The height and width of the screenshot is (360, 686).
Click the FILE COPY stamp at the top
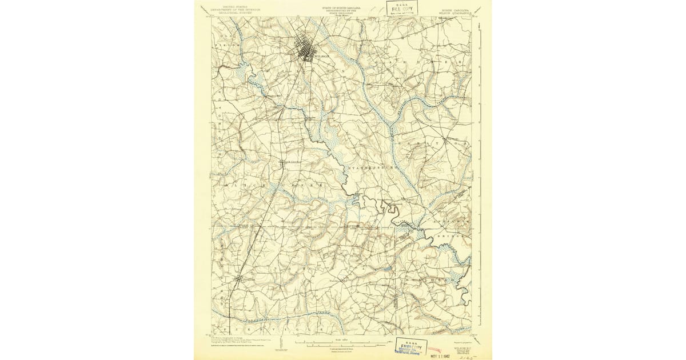(x=402, y=9)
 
